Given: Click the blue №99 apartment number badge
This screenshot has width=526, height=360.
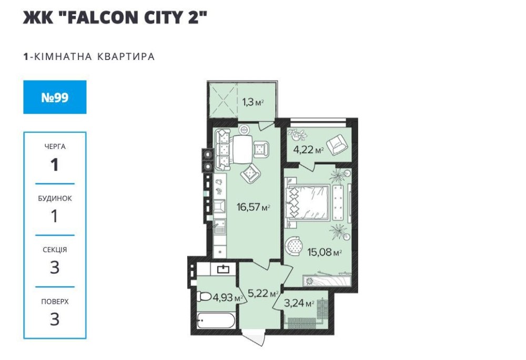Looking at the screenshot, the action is (x=55, y=97).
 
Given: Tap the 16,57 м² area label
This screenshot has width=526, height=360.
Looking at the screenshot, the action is (x=254, y=207).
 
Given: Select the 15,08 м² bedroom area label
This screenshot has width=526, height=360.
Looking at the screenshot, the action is (x=325, y=252).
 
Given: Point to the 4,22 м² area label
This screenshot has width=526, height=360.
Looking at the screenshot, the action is (x=308, y=149).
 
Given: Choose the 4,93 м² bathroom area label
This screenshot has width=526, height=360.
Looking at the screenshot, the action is (x=227, y=297).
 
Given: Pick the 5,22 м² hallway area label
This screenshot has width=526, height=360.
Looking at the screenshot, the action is (x=264, y=294).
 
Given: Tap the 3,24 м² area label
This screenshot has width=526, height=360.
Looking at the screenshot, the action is (x=299, y=303).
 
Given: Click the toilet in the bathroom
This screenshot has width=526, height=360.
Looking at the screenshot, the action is (x=204, y=296).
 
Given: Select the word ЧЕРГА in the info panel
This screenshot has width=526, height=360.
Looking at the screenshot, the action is (x=55, y=147).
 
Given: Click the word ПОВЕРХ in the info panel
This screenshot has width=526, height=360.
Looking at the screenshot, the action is (x=55, y=302).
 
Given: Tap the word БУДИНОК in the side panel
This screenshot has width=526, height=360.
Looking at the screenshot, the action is (x=55, y=198).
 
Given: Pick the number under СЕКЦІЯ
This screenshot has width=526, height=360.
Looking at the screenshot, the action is (x=55, y=267).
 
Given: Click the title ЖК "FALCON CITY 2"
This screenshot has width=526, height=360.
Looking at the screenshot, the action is (x=115, y=17).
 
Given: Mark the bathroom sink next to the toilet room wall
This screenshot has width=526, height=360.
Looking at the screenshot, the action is (x=223, y=269).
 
